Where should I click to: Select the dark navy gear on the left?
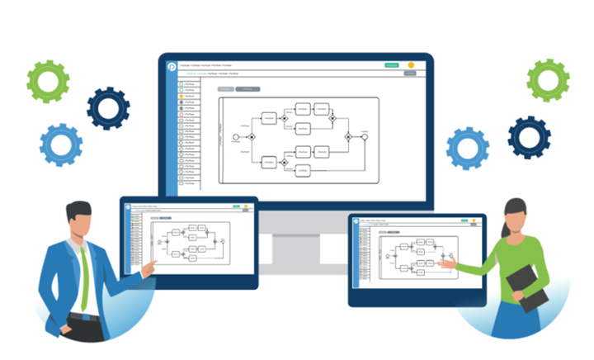click(108, 108)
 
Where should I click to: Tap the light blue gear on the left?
click(61, 145)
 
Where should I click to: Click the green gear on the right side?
click(548, 80)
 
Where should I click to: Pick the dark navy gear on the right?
click(529, 137)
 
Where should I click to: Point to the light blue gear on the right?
click(468, 149)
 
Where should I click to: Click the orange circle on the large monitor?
click(411, 65)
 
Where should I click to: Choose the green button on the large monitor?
click(391, 65)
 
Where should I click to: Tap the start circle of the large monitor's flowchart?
click(236, 135)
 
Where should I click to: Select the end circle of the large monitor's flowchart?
click(364, 135)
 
